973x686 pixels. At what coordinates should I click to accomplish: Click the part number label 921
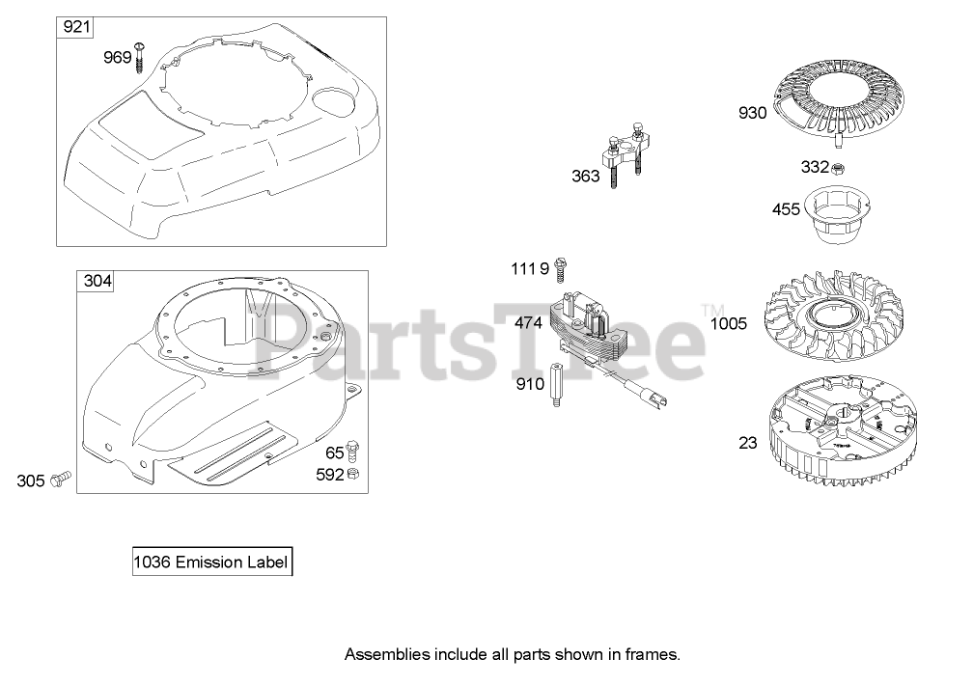(x=77, y=27)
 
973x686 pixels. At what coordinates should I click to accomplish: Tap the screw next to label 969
(x=141, y=55)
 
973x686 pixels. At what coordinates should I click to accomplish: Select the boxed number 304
(x=97, y=282)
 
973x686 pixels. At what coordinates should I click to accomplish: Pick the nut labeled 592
(x=354, y=474)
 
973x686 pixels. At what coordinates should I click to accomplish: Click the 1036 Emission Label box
(x=211, y=563)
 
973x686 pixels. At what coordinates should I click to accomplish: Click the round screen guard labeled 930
(x=843, y=103)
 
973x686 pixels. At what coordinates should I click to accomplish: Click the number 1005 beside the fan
(x=728, y=324)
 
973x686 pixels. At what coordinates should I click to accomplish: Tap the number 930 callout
(x=752, y=113)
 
